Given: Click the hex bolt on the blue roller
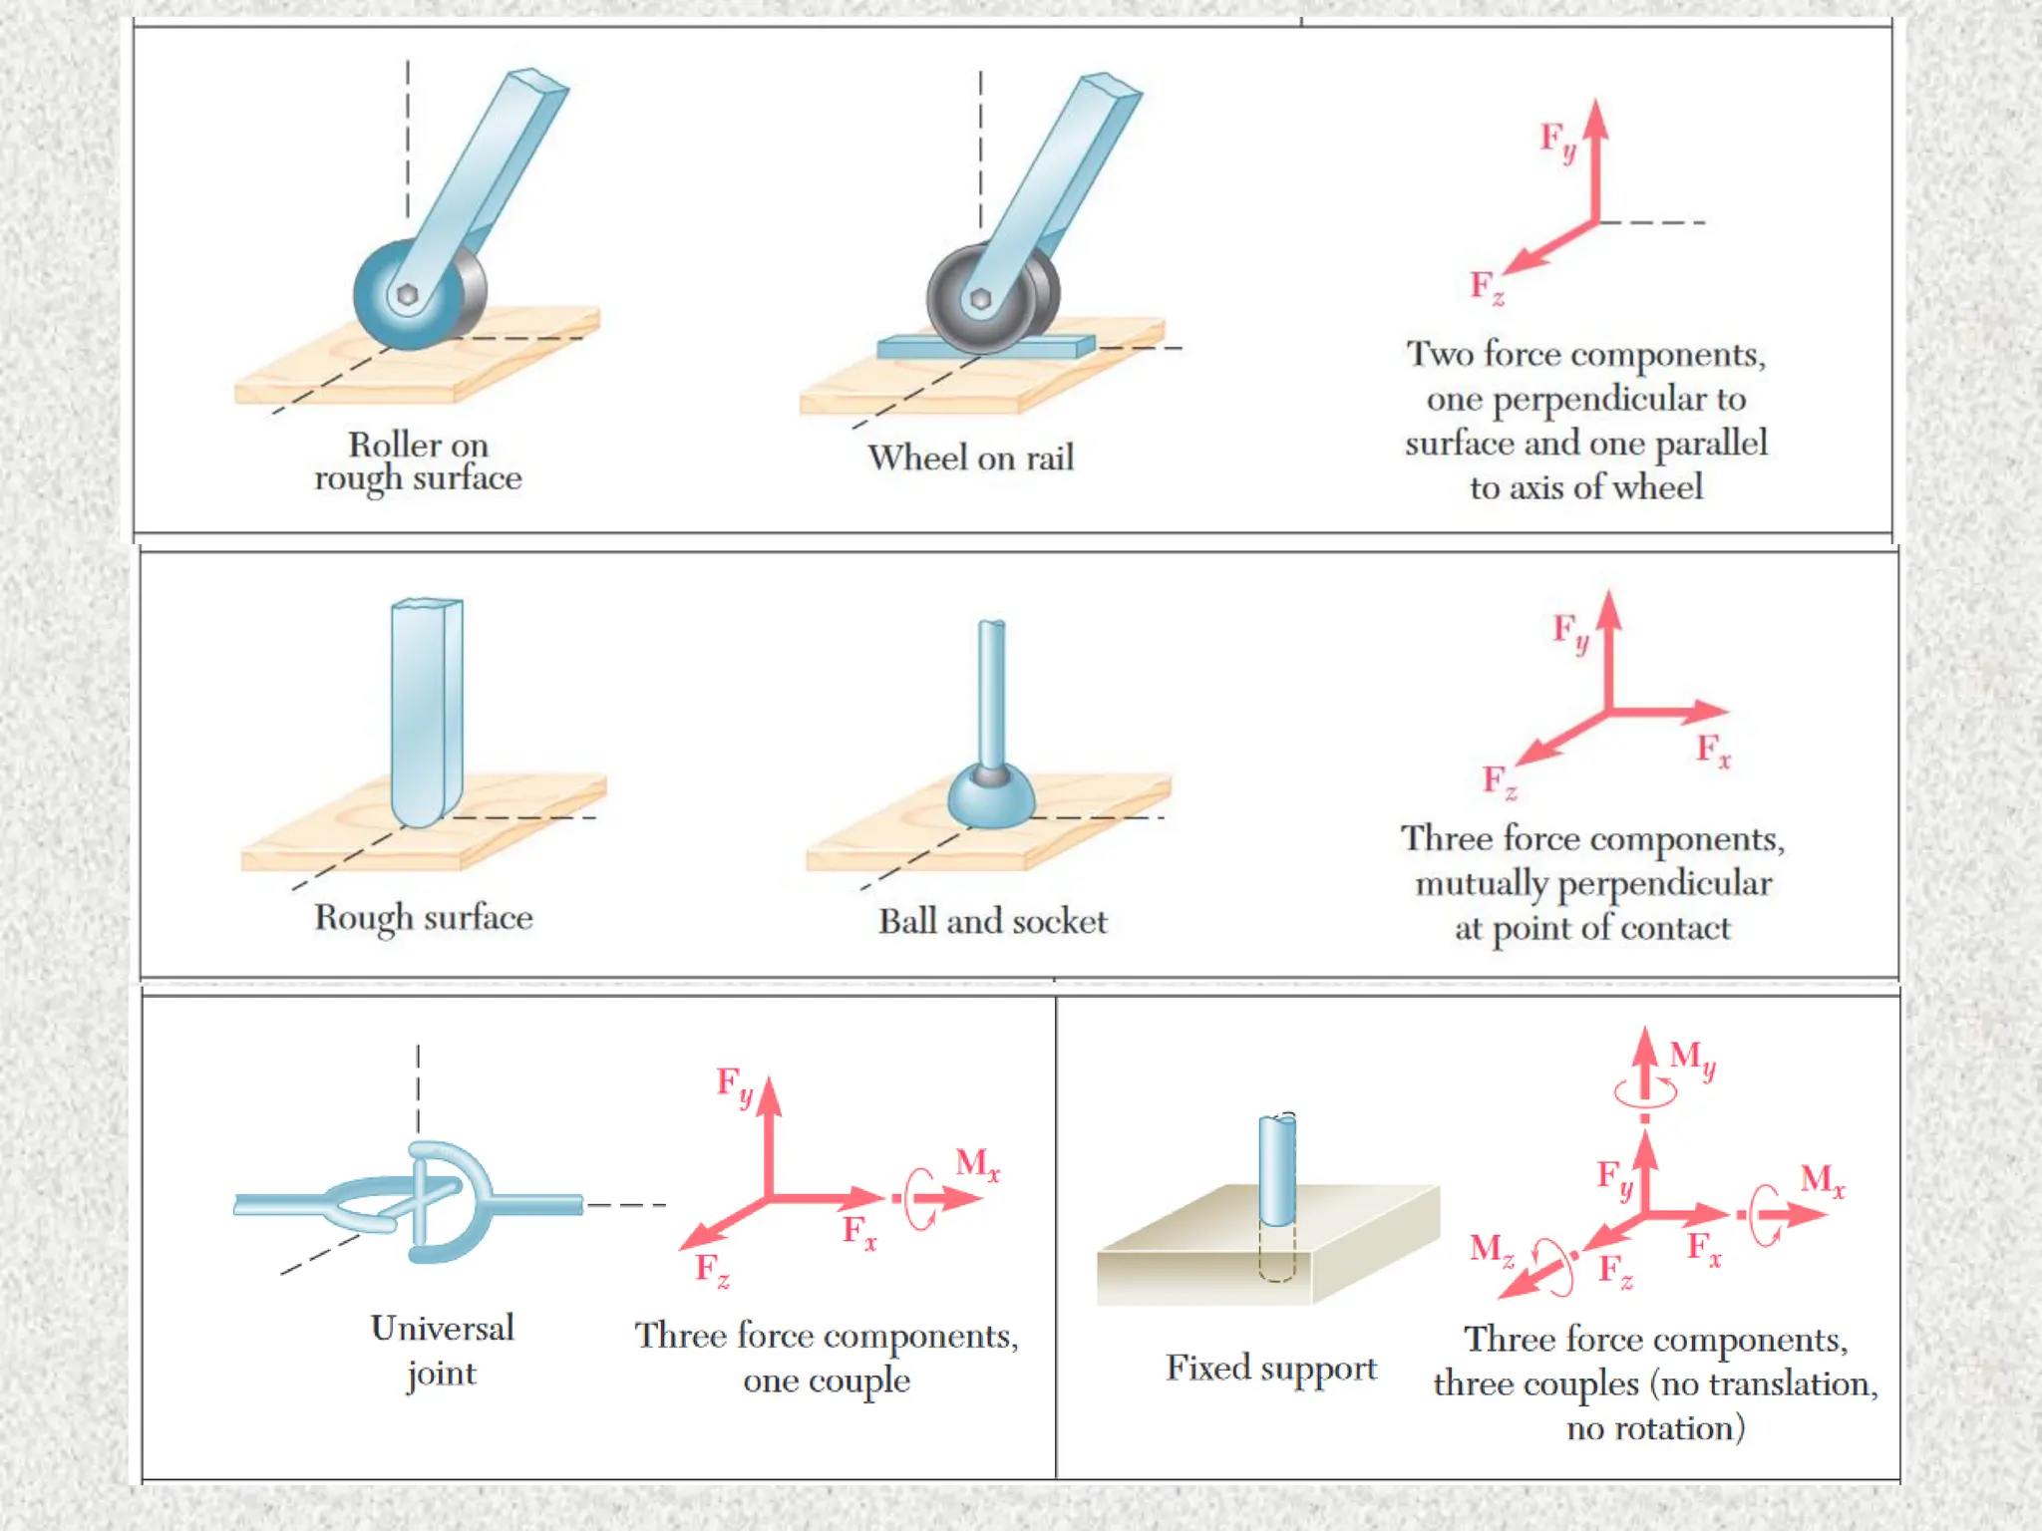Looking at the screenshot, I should click(x=407, y=295).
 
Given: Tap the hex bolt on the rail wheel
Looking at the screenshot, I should click(x=980, y=299).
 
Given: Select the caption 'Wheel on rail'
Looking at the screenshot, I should click(x=970, y=458).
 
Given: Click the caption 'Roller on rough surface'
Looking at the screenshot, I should click(x=418, y=460).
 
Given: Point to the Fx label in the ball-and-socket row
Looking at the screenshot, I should click(x=1713, y=750).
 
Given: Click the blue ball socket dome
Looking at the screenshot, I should click(x=990, y=798).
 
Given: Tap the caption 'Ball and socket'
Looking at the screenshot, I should click(x=992, y=921).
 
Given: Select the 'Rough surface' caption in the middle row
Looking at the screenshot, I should click(x=424, y=917).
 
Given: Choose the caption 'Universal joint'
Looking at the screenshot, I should click(x=442, y=1351).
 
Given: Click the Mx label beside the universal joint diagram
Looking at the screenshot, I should click(x=977, y=1164).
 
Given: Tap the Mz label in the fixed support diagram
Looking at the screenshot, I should click(x=1492, y=1249).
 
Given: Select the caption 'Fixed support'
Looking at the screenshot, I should click(x=1271, y=1369).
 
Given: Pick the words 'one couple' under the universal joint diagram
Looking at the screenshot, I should click(x=827, y=1380).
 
